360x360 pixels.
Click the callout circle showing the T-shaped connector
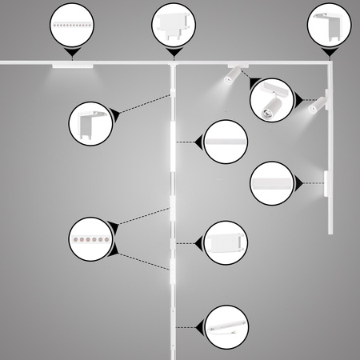pyautogui.click(x=172, y=25)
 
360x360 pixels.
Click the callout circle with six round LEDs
pyautogui.click(x=91, y=239)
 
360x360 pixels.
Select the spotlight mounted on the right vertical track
pyautogui.click(x=316, y=105)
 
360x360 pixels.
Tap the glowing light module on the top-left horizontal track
pyautogui.click(x=74, y=65)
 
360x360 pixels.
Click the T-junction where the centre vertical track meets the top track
pyautogui.click(x=172, y=64)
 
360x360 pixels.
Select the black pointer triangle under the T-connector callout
pyautogui.click(x=172, y=53)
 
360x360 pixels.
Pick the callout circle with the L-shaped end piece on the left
pyautogui.click(x=91, y=122)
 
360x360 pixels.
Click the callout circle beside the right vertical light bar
pyautogui.click(x=270, y=182)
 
